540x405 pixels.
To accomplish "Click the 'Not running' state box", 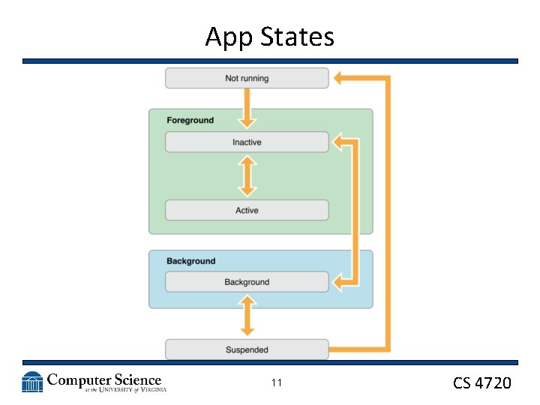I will pos(247,78).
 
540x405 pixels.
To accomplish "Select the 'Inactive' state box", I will pos(247,142).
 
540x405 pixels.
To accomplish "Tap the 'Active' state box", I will pos(247,210).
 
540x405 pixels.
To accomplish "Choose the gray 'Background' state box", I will pos(247,282).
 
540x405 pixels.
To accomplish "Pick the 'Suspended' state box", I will pos(247,349).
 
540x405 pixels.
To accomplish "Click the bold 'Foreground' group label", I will pos(190,120).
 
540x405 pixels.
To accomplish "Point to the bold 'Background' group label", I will pos(190,261).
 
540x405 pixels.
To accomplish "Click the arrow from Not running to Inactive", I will pos(247,109).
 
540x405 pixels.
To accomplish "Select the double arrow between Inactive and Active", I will pos(247,176).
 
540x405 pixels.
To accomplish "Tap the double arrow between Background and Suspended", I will pos(247,316).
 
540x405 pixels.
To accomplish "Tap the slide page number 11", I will pos(277,383).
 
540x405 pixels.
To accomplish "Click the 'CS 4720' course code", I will pos(481,383).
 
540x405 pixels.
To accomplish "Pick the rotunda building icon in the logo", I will pos(32,382).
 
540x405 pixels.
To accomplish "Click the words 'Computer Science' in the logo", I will pos(104,379).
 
